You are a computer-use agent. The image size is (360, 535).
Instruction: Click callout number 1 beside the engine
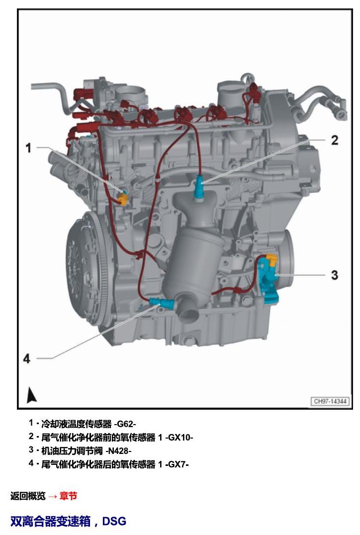tap(29, 148)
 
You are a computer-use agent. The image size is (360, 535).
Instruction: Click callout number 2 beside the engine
tap(335, 140)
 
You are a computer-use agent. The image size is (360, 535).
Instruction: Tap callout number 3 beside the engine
tap(335, 274)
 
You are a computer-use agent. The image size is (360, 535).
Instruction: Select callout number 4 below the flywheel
tap(27, 358)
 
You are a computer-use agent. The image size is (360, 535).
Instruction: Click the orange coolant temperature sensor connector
tap(123, 199)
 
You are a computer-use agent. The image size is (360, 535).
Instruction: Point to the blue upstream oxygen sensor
tap(199, 188)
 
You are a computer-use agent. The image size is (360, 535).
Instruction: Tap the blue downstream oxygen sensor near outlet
tap(162, 301)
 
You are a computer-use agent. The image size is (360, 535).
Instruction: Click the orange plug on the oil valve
tap(272, 259)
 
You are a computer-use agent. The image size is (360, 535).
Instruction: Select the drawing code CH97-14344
tap(330, 401)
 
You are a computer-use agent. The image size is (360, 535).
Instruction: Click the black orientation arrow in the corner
tap(32, 395)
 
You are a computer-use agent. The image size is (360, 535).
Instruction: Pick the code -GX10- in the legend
tap(179, 437)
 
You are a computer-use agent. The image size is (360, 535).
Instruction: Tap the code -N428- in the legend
tap(118, 451)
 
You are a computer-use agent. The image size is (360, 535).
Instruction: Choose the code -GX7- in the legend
tap(177, 464)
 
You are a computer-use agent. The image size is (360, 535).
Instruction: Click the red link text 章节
tap(68, 496)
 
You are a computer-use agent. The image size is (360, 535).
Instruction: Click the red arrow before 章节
tap(52, 496)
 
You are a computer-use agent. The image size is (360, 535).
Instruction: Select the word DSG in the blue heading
tap(114, 521)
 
